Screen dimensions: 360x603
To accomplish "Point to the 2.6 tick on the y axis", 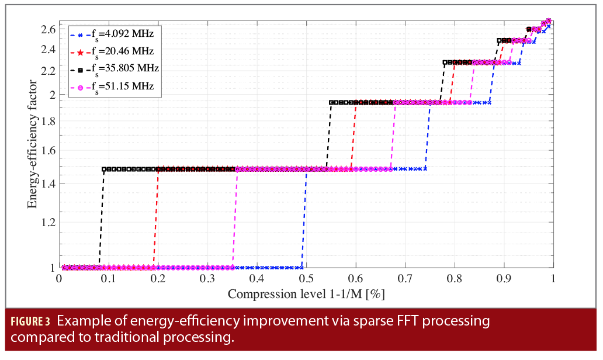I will point(48,29).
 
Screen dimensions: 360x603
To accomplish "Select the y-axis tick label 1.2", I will point(48,222).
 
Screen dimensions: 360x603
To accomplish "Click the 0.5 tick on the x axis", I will point(306,279).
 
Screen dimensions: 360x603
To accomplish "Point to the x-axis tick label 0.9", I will point(503,279).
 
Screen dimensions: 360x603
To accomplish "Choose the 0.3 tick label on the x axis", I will point(207,279).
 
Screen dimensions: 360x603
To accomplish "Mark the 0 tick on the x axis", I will point(59,279).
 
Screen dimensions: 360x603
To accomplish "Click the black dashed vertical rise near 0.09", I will point(101,216).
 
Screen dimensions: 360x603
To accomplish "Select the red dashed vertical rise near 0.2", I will point(156,216).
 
